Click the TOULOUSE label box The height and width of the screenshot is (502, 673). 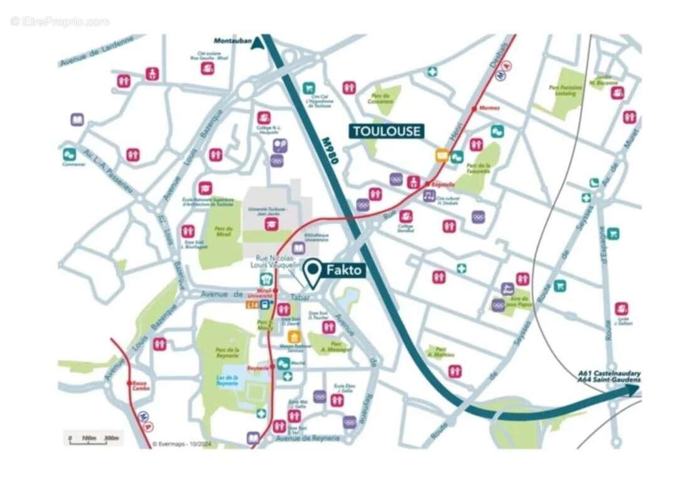coord(386,131)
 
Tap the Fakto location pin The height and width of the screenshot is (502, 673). coord(313,272)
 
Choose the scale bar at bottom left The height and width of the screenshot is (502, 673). coord(94,437)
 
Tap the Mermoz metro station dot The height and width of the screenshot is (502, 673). coord(474,109)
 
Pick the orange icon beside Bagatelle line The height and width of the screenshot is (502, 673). coord(442,156)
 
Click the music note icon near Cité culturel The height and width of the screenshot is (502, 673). coord(429,196)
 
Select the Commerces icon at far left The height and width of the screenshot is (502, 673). coord(69,153)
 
